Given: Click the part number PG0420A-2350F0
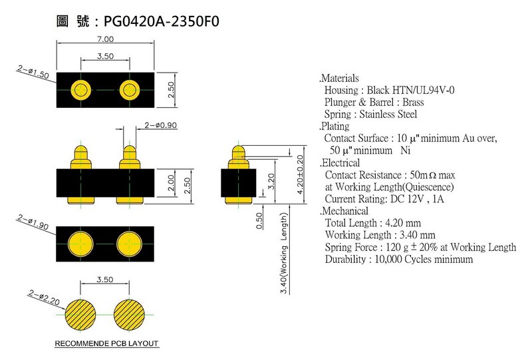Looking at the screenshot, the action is click(x=161, y=21).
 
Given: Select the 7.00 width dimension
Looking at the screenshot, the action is click(x=105, y=39).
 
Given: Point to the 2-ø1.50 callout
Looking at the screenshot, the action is click(x=33, y=72).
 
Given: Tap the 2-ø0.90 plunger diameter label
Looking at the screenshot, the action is click(x=160, y=125).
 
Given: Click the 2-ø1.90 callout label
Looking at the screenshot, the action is click(x=33, y=222).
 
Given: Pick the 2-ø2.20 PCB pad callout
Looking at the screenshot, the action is click(x=44, y=297).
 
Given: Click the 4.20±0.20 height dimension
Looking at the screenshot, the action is click(x=300, y=174).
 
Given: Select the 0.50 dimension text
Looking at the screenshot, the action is click(x=259, y=221).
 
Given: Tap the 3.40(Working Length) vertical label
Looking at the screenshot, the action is click(x=284, y=253).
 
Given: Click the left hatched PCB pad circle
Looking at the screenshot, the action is click(x=80, y=315).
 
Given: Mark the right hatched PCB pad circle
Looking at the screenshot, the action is click(x=129, y=315).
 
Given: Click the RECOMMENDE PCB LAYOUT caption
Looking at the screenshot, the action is click(x=106, y=343).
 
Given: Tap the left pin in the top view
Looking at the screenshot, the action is click(x=80, y=90).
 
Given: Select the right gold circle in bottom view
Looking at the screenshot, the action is click(x=129, y=244).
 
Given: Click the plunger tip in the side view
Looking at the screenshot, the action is click(x=238, y=150).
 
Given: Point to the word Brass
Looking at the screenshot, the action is click(x=413, y=102).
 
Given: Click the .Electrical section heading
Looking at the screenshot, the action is click(x=339, y=162).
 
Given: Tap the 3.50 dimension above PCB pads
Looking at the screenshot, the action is click(x=105, y=279).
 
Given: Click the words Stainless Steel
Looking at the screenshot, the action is click(x=388, y=114).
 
